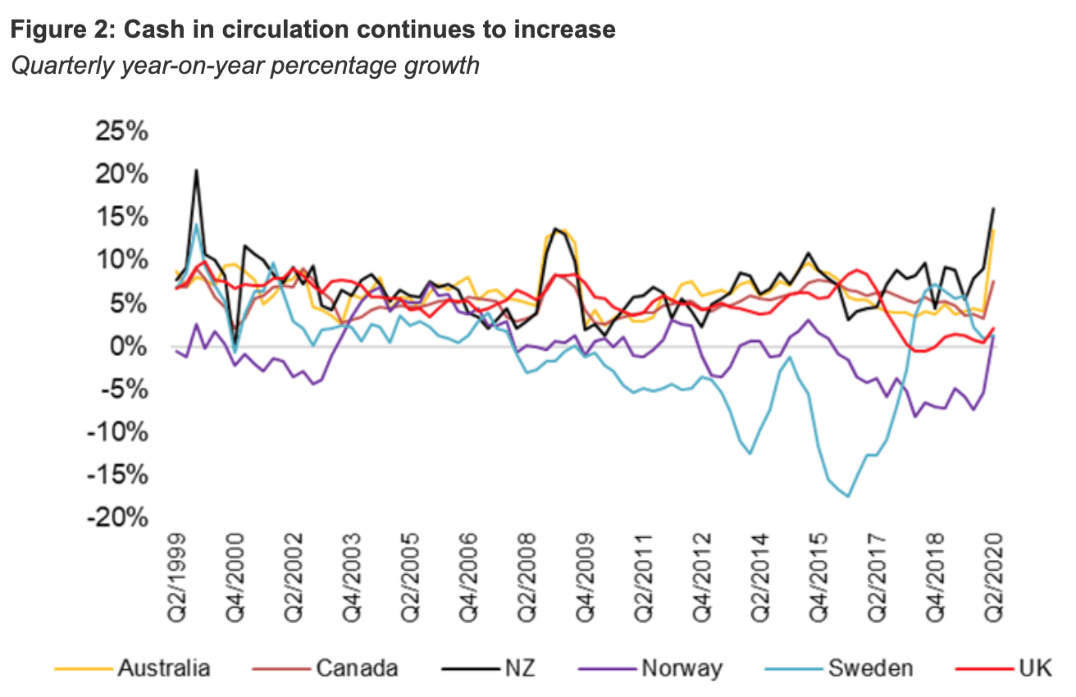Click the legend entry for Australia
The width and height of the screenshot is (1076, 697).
pyautogui.click(x=163, y=667)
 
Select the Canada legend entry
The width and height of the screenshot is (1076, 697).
pyautogui.click(x=357, y=667)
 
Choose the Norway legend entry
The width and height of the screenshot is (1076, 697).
pyautogui.click(x=682, y=667)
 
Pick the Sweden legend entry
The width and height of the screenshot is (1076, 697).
pyautogui.click(x=869, y=667)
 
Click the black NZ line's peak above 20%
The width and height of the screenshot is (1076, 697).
pyautogui.click(x=196, y=170)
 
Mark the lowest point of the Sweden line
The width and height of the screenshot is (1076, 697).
pyautogui.click(x=848, y=496)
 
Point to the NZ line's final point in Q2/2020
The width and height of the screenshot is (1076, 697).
pyautogui.click(x=994, y=208)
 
